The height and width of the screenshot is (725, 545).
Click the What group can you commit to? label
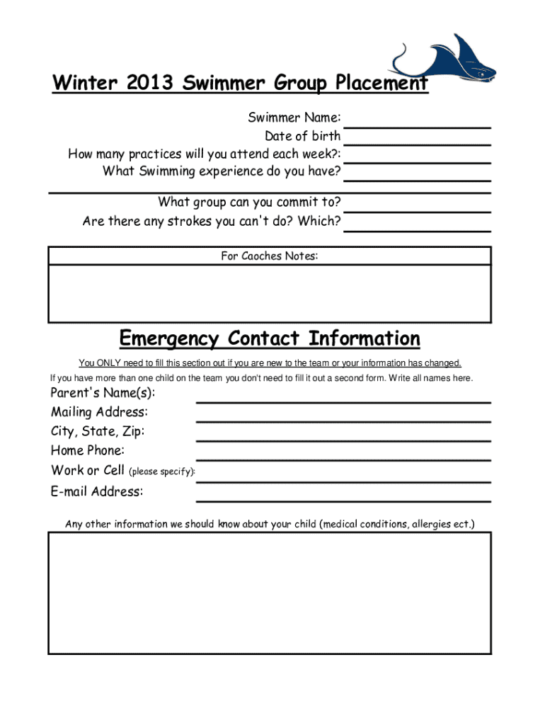249,202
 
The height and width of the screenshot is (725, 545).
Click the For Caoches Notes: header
269,256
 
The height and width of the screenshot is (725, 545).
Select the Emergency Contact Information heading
270,338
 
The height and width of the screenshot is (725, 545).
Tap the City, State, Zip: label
98,431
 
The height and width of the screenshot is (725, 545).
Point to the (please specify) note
161,472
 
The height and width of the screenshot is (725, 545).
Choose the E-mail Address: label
96,491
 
